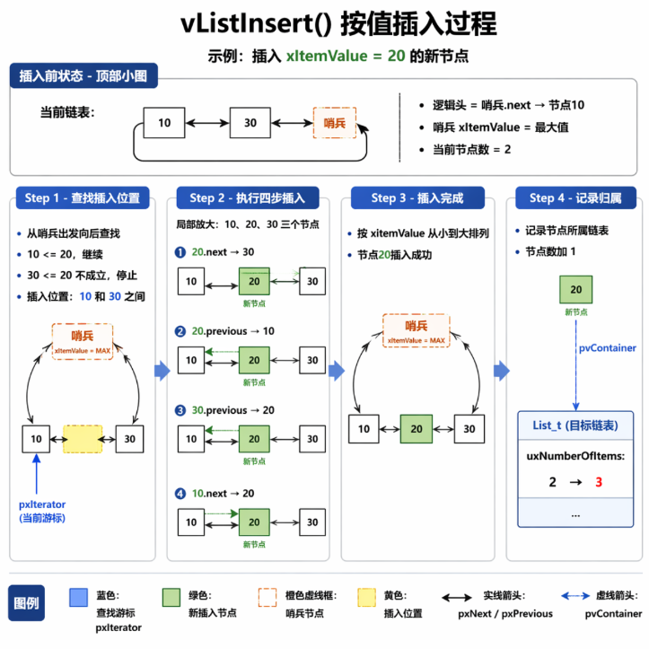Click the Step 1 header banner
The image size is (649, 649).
point(83,197)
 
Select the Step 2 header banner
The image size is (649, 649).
point(248,197)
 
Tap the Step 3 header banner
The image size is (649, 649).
point(417,197)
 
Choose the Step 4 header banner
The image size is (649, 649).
point(575,197)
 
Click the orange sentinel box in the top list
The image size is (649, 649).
point(335,122)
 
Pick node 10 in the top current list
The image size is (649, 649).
point(164,122)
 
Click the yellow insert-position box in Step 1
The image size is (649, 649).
point(83,439)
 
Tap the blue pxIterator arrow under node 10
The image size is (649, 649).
point(37,474)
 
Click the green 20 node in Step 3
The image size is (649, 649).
point(417,429)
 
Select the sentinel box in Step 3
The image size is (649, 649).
point(416,330)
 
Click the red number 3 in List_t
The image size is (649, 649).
point(599,482)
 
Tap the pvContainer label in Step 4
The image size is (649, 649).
point(607,347)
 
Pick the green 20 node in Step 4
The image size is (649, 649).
point(575,289)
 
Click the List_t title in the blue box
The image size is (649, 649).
point(575,425)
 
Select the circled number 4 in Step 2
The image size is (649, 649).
point(180,494)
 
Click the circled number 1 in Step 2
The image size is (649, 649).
point(180,252)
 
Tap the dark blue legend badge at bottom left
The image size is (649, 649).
point(27,602)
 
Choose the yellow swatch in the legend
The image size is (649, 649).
point(367,597)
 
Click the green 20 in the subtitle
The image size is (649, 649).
point(396,56)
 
